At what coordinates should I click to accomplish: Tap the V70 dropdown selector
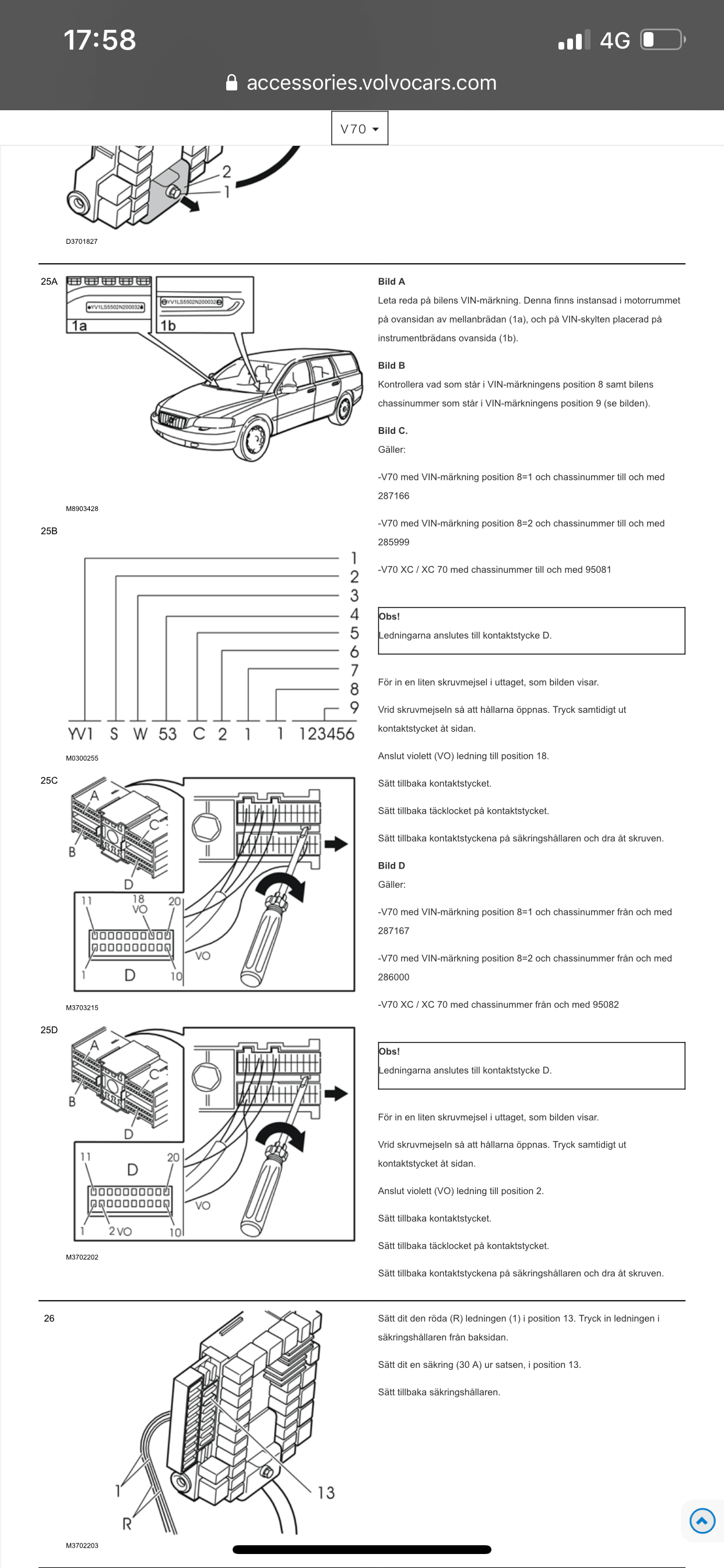(360, 128)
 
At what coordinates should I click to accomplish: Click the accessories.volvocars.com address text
(371, 83)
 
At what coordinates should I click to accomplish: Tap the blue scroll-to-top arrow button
(701, 1521)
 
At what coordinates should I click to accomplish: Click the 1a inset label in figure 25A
(79, 325)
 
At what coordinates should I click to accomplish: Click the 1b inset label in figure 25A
(168, 325)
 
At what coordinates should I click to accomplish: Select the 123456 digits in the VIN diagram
(326, 733)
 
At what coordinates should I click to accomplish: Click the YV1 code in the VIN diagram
(80, 733)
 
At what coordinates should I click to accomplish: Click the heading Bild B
(391, 365)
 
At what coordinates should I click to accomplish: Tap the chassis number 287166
(393, 495)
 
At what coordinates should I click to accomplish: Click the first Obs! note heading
(389, 616)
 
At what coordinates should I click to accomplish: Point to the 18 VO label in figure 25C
(139, 904)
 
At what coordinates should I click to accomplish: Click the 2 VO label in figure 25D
(120, 1231)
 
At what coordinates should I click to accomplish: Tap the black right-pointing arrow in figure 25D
(336, 1093)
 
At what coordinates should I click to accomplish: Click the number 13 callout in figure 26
(326, 1492)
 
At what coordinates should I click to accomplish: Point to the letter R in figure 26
(126, 1524)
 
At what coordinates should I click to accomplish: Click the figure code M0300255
(82, 758)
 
